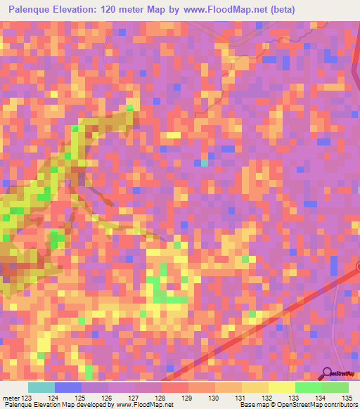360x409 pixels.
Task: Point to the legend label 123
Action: (x=30, y=398)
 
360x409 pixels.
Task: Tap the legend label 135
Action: (x=346, y=398)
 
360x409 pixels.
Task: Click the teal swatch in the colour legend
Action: (x=41, y=387)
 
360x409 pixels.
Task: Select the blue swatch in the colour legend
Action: (x=68, y=387)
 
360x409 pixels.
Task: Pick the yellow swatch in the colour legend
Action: (x=282, y=387)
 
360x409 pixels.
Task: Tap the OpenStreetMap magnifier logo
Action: (x=328, y=373)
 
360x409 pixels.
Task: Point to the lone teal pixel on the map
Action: (x=204, y=163)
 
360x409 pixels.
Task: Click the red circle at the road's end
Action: (x=358, y=266)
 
